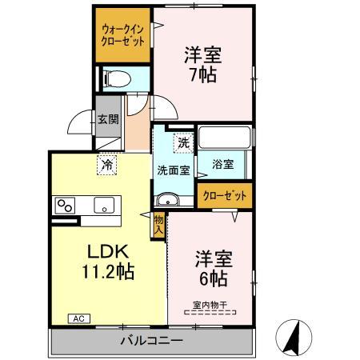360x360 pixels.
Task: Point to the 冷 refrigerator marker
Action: (x=107, y=164)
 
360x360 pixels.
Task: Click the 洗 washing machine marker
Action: (x=183, y=144)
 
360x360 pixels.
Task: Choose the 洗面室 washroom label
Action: (x=172, y=170)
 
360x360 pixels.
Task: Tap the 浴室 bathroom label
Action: (x=223, y=165)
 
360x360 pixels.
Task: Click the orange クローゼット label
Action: (x=224, y=194)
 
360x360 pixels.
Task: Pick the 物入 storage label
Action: (x=158, y=224)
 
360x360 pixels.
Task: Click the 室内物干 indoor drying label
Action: (x=210, y=304)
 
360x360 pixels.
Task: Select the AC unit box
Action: (x=79, y=318)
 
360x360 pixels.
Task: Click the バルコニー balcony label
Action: (x=151, y=341)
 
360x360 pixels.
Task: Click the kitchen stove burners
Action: (x=64, y=206)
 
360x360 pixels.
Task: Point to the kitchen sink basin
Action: (x=105, y=206)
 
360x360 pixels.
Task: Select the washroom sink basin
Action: (x=168, y=199)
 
